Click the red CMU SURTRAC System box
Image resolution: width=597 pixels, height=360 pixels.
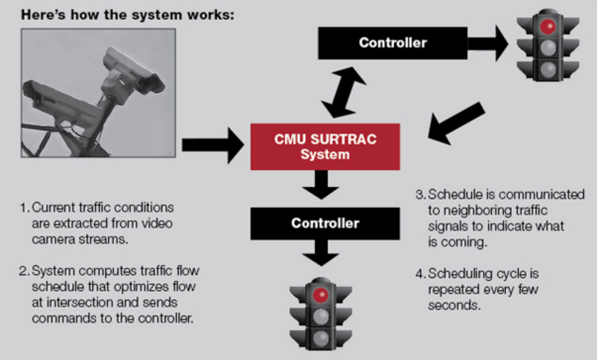click(x=325, y=147)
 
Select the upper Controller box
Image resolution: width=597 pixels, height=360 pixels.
click(x=393, y=43)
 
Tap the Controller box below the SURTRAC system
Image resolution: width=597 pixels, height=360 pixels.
click(x=325, y=223)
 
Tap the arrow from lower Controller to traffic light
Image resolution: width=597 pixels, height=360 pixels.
click(x=321, y=254)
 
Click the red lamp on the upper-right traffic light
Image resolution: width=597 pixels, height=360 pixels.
click(x=547, y=26)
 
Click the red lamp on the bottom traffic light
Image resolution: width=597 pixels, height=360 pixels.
click(x=321, y=295)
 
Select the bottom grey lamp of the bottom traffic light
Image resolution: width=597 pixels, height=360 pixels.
click(x=321, y=337)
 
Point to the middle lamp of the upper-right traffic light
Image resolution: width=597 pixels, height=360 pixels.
click(x=547, y=48)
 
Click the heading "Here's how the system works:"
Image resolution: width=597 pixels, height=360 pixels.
click(x=127, y=15)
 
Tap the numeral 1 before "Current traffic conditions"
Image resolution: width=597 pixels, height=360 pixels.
click(x=23, y=207)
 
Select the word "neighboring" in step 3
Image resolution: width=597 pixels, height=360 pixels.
click(x=475, y=211)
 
